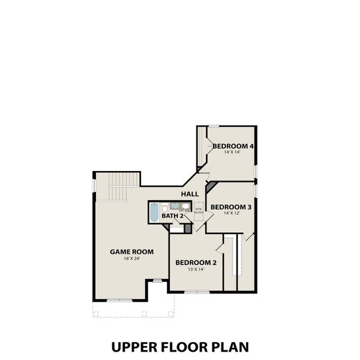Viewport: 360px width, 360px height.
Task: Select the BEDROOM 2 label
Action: [196, 262]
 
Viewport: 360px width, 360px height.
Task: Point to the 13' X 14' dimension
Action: [196, 269]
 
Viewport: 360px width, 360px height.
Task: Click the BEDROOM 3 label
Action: [231, 206]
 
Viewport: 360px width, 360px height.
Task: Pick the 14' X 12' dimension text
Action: [231, 214]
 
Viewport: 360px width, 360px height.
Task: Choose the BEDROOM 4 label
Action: [233, 146]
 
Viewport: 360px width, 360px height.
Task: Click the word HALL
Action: [190, 194]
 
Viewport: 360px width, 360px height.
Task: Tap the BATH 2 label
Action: [172, 215]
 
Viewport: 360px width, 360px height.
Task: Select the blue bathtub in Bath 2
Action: [154, 212]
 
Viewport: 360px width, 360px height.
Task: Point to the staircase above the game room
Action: [118, 187]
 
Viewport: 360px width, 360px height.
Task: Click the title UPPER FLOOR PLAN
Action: [180, 347]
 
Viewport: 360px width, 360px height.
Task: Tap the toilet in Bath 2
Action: [164, 208]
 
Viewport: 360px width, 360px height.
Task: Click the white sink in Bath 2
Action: [185, 206]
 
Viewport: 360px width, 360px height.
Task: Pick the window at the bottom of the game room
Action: [119, 299]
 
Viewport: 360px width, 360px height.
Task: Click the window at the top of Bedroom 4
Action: [214, 125]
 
